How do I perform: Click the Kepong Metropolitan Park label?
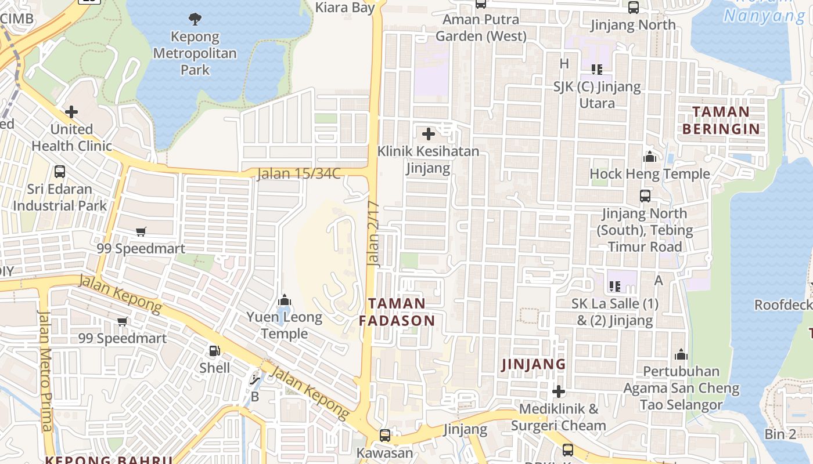tap(195, 53)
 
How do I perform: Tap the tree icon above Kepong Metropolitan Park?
tap(195, 19)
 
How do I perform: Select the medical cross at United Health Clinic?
tap(71, 111)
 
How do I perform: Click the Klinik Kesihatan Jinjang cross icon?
tap(429, 134)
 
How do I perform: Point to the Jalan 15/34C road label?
tap(298, 173)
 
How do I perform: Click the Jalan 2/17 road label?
tap(373, 233)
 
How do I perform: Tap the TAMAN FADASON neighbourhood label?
tap(397, 312)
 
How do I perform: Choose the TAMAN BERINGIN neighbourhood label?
tap(721, 120)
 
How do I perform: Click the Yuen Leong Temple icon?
tap(284, 300)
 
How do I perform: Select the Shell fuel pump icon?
tap(214, 350)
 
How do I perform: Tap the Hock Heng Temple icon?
tap(650, 157)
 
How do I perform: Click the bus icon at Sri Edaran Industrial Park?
tap(60, 172)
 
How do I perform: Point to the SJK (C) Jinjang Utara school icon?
tap(597, 70)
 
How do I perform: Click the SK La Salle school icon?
tap(615, 286)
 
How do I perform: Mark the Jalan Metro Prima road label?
tap(45, 371)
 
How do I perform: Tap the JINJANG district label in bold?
tap(533, 364)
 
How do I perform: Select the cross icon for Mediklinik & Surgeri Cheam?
tap(559, 391)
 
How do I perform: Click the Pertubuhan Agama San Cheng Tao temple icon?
tap(681, 354)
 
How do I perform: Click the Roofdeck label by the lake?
tap(783, 304)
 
